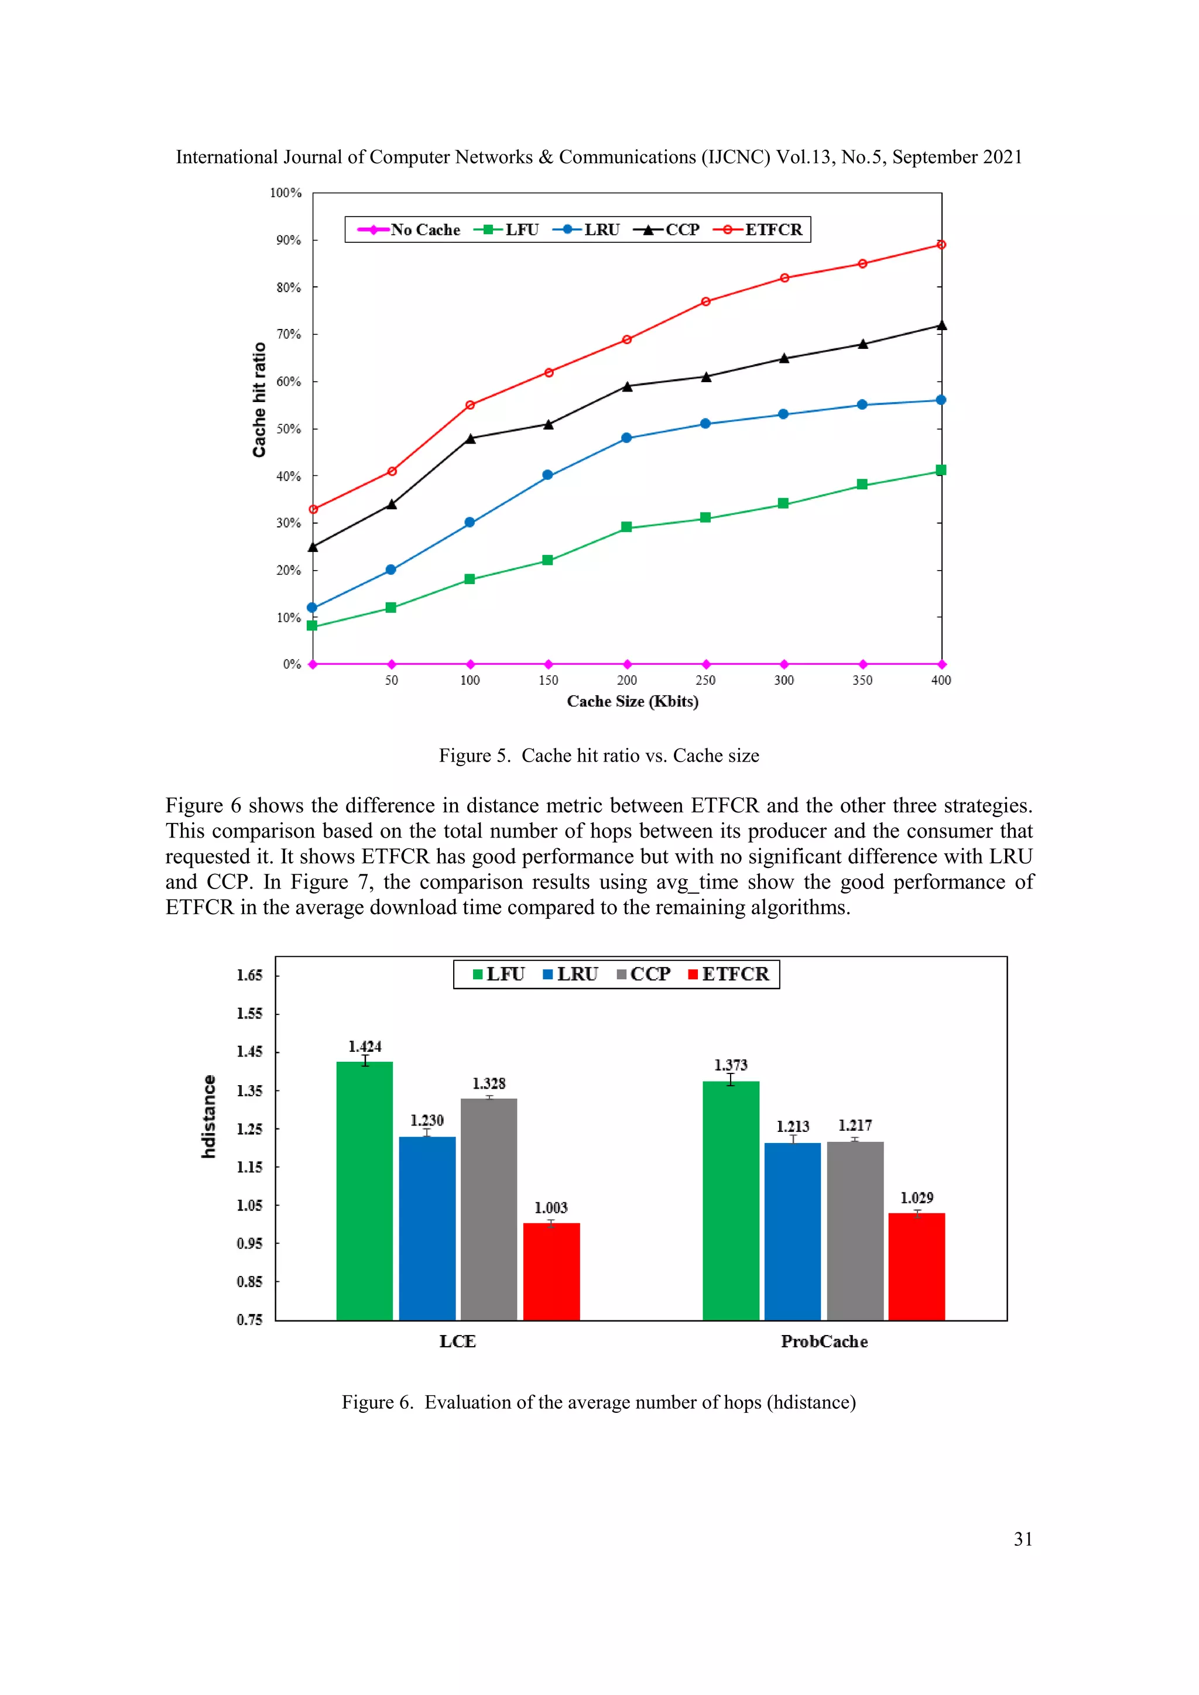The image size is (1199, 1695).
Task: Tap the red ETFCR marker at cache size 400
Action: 941,244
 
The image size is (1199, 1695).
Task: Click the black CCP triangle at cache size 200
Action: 627,386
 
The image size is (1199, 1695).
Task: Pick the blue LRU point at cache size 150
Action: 547,475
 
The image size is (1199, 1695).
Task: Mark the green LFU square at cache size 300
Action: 783,503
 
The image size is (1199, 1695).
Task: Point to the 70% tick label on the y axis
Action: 289,334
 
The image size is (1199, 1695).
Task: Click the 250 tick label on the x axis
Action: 705,680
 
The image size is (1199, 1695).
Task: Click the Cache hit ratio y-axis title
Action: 259,399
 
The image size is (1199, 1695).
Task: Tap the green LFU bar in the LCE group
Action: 365,1189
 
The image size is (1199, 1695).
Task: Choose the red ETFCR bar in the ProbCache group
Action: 916,1265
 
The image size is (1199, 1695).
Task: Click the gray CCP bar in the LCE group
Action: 489,1208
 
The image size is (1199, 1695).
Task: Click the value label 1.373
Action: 730,1065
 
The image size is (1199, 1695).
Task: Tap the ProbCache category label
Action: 824,1341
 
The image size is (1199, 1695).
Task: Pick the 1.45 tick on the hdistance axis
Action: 249,1051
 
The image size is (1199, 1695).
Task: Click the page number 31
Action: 1023,1539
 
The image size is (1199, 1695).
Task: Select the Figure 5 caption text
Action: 599,755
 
